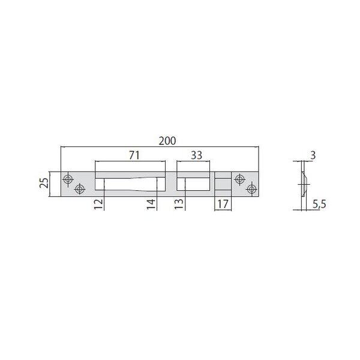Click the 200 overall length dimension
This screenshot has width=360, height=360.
tap(167, 141)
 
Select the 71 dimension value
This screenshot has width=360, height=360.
tap(134, 155)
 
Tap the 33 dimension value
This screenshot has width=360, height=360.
tap(196, 155)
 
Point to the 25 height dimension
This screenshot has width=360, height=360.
tap(44, 183)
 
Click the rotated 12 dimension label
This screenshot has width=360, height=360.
tap(98, 204)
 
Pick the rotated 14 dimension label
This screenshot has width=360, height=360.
tap(151, 205)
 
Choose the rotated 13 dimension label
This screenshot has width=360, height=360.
tap(179, 204)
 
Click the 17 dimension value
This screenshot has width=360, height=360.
tap(223, 204)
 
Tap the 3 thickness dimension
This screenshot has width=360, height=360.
tap(313, 155)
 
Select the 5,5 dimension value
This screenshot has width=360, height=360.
tap(319, 204)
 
